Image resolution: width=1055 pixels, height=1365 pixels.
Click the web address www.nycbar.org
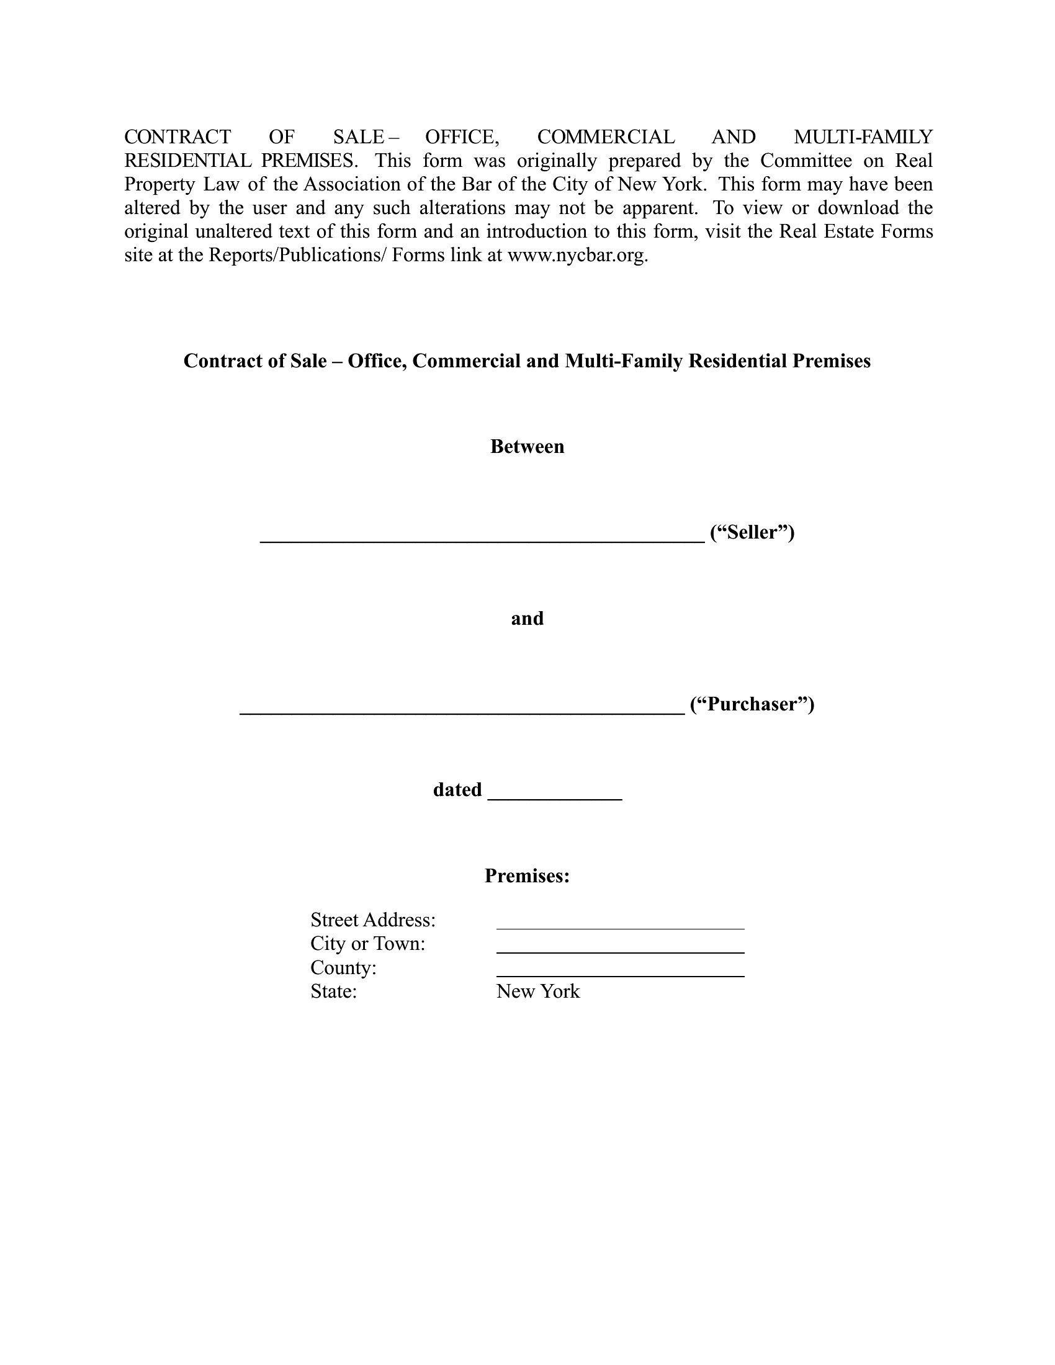click(x=577, y=256)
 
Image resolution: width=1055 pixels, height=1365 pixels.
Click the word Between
click(x=527, y=446)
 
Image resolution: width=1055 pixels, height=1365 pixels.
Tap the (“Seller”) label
click(x=752, y=532)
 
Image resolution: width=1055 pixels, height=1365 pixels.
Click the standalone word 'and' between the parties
click(x=527, y=618)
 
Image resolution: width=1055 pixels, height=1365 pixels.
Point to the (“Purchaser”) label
click(x=752, y=704)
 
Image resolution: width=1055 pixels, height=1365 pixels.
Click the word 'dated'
click(x=457, y=790)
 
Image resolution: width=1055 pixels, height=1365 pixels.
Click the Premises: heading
click(x=527, y=875)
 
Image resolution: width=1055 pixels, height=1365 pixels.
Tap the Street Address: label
click(x=373, y=920)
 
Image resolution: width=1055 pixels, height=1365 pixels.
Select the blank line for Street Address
click(x=620, y=928)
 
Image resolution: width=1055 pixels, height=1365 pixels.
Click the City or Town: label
click(x=367, y=944)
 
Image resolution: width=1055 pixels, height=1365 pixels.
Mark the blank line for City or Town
click(x=620, y=951)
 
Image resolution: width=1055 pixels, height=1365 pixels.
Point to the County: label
click(x=343, y=967)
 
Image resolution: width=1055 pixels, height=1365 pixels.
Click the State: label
click(x=333, y=991)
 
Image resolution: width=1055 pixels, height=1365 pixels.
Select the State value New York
click(x=537, y=991)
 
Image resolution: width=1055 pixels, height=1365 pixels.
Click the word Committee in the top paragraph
click(x=806, y=161)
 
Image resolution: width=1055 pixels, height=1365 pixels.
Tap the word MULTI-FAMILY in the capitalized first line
click(x=863, y=137)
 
